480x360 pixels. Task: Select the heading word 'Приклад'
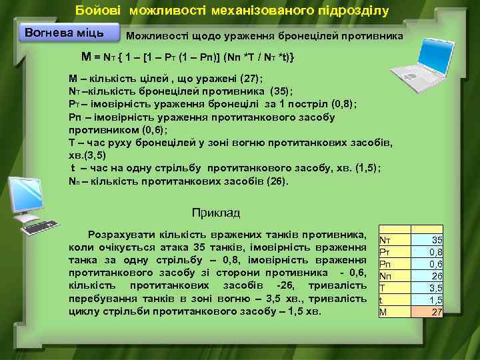click(x=215, y=213)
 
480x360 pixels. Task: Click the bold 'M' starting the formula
click(x=86, y=57)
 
